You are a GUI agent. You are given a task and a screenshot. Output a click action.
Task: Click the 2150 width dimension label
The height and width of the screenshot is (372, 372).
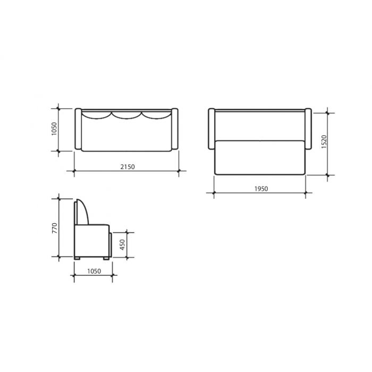[128, 167]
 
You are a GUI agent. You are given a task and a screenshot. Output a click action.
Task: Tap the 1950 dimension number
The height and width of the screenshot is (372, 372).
[261, 189]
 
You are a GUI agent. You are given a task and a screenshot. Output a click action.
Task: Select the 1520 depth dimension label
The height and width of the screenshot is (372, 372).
[324, 142]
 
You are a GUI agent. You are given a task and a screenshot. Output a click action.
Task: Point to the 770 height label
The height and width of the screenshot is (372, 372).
[55, 228]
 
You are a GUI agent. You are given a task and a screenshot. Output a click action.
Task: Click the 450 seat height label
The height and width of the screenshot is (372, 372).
[122, 244]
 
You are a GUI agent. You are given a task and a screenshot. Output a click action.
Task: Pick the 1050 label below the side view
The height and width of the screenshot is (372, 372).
[94, 271]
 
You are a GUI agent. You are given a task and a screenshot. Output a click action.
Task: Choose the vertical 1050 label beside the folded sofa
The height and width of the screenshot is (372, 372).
[54, 129]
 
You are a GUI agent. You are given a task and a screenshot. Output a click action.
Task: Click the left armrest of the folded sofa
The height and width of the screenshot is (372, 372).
[78, 129]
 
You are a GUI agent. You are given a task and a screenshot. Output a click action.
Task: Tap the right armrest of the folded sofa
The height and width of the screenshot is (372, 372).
[175, 129]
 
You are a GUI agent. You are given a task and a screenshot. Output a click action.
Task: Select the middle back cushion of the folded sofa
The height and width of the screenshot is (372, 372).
[126, 115]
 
